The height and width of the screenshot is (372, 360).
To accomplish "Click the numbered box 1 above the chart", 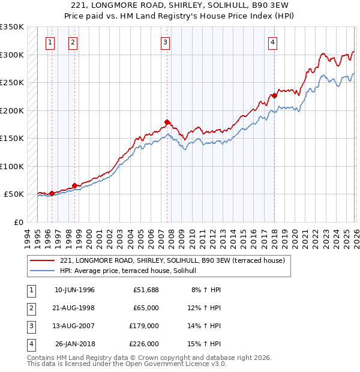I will (49, 42).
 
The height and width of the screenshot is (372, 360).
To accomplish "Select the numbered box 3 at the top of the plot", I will (165, 42).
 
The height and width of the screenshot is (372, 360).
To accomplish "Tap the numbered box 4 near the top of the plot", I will (272, 42).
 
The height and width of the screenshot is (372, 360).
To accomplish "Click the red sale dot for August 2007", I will (167, 122).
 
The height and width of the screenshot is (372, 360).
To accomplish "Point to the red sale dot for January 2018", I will (274, 95).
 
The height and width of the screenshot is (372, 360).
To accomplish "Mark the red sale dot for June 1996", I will (52, 193).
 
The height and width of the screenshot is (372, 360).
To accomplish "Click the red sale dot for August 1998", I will (74, 186).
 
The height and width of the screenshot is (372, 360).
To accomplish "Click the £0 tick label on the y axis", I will (18, 222).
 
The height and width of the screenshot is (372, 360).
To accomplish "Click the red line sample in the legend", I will (42, 260).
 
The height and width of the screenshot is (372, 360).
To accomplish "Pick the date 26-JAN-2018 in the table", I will (74, 344).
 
